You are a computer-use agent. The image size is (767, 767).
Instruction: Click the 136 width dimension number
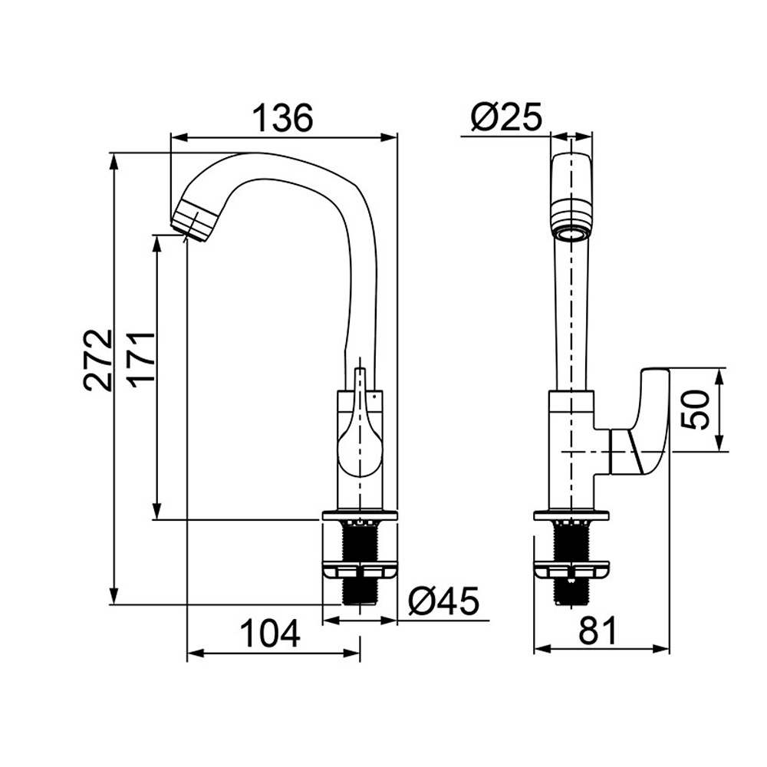coord(283,117)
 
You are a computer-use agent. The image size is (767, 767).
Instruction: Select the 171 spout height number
coord(141,360)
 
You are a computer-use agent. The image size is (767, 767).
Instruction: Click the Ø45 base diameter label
coord(443,601)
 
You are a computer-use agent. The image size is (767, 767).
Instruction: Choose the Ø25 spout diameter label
coord(507,117)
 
